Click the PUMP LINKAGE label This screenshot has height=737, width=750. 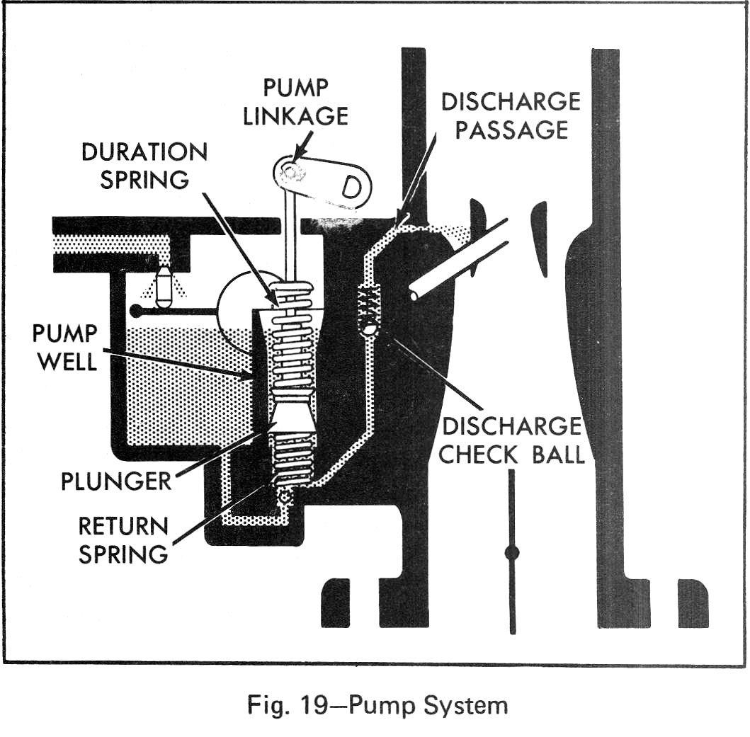click(x=295, y=101)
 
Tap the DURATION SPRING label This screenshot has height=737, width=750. click(x=144, y=166)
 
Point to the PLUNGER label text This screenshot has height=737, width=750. click(x=116, y=481)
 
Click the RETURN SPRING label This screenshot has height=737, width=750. click(x=123, y=539)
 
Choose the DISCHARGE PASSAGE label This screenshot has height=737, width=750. click(x=511, y=115)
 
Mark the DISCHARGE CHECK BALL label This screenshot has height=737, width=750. click(x=511, y=440)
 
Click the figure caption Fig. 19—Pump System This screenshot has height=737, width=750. click(x=377, y=705)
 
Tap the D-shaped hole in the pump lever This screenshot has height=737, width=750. click(x=351, y=188)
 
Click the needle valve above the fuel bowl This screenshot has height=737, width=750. click(x=164, y=286)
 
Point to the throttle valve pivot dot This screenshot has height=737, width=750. click(x=511, y=552)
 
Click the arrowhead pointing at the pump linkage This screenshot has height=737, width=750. click(x=295, y=154)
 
